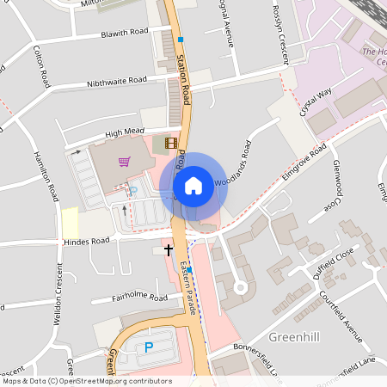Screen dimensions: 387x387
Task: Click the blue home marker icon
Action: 193,185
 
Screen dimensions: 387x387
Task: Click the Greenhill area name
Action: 294,335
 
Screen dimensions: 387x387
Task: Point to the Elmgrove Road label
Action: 304,162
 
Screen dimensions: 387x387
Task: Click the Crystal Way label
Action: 315,109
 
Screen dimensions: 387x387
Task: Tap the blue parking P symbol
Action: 148,347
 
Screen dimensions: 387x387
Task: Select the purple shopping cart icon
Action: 125,161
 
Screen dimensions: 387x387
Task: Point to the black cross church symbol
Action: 168,249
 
